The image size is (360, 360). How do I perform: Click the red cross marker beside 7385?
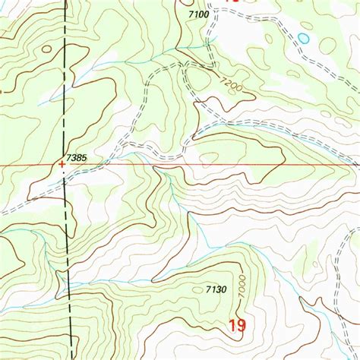click(x=62, y=163)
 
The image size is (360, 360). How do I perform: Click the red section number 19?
click(x=236, y=327)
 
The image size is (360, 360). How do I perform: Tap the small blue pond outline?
click(x=304, y=37)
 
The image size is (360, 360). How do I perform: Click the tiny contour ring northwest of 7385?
click(x=47, y=49)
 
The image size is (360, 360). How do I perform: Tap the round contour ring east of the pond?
click(x=327, y=46)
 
